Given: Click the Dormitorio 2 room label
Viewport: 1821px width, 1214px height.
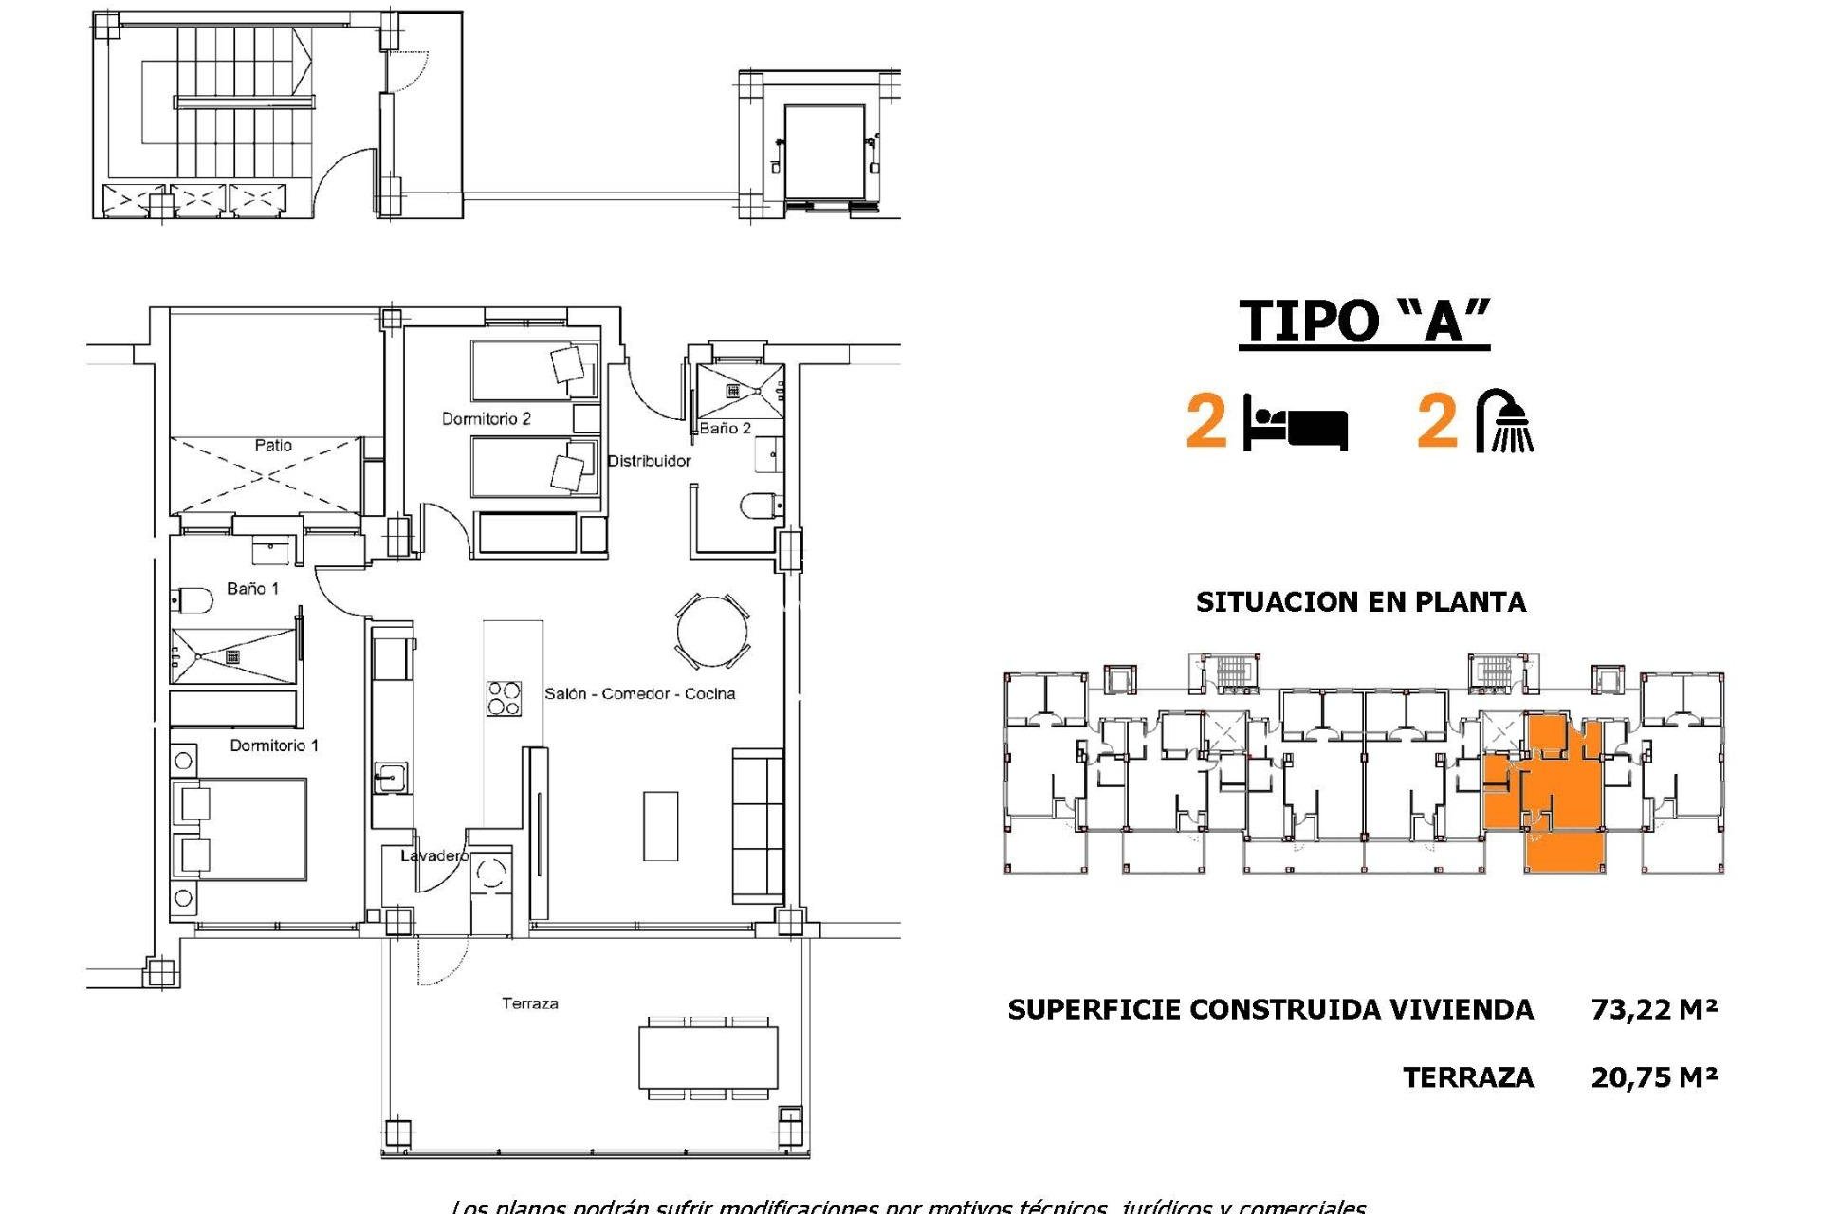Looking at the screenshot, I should tap(486, 418).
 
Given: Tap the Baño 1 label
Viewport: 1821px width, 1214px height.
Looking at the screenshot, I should tap(252, 589).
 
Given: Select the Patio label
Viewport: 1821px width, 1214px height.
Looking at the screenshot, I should tap(273, 445).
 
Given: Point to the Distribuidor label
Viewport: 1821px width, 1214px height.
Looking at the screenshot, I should tap(649, 461).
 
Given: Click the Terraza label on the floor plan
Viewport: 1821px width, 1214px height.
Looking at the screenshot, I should tap(529, 1003).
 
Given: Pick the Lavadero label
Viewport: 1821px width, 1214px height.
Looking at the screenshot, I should tap(433, 855).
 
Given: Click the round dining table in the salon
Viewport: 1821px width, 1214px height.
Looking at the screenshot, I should tap(712, 631).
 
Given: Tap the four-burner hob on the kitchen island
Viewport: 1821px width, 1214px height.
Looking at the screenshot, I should tap(504, 698).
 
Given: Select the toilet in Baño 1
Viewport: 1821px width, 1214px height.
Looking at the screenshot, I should tap(193, 600).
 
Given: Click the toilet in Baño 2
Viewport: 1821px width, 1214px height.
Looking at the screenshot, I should tap(760, 506).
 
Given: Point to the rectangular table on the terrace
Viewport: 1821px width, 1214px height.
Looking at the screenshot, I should tap(708, 1058).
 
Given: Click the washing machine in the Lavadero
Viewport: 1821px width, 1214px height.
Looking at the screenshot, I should tap(491, 873).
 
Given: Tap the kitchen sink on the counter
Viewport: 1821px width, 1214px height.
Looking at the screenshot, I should tap(390, 778).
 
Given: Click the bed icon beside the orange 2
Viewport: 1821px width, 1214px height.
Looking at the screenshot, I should tap(1296, 423).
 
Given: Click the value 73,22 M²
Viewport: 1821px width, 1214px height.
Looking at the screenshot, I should tap(1654, 1009).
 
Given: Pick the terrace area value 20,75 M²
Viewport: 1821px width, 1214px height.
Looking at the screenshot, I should tap(1654, 1077).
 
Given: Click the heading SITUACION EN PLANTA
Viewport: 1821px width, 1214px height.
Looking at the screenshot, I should tap(1360, 602).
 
